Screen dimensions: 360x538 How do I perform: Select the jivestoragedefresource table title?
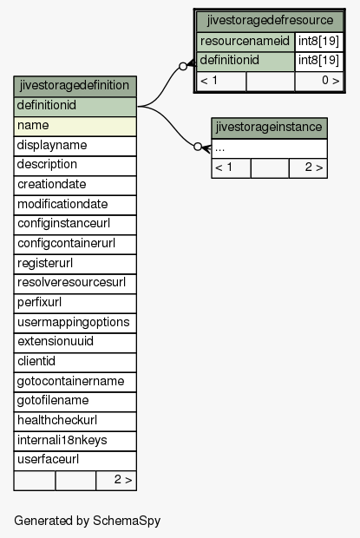[x=270, y=22]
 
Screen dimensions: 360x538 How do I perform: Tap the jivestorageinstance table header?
[x=270, y=128]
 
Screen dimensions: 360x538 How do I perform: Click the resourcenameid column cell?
[x=245, y=42]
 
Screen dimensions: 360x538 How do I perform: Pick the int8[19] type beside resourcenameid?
[x=319, y=42]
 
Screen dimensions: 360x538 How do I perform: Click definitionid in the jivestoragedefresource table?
[x=245, y=62]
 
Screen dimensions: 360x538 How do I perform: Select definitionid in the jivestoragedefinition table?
[x=75, y=107]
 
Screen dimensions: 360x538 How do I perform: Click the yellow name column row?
[x=75, y=127]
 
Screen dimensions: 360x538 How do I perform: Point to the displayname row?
[x=75, y=146]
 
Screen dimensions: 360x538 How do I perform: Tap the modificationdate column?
[x=75, y=205]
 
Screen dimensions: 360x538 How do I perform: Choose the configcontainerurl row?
[x=75, y=245]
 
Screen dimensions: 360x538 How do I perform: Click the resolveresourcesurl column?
[x=75, y=284]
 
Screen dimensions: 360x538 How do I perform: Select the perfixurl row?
[x=75, y=304]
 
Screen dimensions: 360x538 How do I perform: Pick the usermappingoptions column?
[x=75, y=323]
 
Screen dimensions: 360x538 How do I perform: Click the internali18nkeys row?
[x=75, y=441]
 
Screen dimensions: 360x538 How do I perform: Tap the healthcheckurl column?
[x=75, y=422]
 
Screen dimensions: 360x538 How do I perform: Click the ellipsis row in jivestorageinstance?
[x=270, y=148]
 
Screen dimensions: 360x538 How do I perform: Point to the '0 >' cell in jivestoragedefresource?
[x=319, y=82]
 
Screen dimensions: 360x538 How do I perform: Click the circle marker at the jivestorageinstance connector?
[x=198, y=147]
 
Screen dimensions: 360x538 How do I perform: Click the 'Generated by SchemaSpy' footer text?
[x=87, y=521]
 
